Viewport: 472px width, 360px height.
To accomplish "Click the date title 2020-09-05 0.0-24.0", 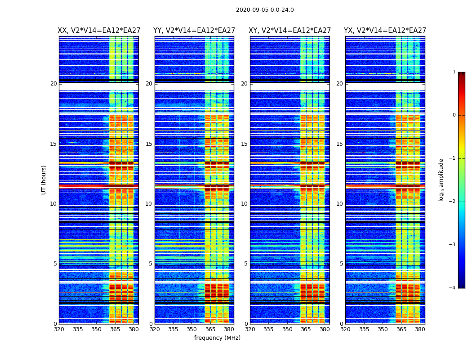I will [265, 10].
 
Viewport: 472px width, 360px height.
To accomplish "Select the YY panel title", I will [194, 31].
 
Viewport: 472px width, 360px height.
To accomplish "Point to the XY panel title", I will [290, 31].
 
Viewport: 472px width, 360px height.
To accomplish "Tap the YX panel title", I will [385, 31].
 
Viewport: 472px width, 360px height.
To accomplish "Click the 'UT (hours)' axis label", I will [44, 180].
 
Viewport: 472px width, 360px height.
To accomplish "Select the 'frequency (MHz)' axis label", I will [217, 338].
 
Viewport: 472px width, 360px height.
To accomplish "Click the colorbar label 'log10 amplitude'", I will [441, 180].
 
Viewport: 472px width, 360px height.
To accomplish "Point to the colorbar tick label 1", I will [454, 72].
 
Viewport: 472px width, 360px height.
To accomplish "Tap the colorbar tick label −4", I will [453, 288].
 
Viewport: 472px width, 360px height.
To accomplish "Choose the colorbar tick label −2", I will [453, 202].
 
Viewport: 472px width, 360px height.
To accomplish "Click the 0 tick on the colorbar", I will [454, 115].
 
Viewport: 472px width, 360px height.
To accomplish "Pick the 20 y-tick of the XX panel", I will [53, 84].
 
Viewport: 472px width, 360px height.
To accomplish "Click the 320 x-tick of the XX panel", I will [59, 329].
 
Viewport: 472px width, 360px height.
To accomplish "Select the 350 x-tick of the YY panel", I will [192, 329].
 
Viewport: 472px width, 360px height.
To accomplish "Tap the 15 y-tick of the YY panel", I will [149, 144].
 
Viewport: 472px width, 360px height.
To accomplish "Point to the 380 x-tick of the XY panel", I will [325, 329].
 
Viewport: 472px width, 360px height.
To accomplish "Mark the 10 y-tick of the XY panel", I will [244, 204].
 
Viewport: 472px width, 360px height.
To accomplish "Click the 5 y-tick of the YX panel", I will [341, 264].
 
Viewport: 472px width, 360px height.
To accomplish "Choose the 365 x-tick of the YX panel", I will [401, 329].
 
